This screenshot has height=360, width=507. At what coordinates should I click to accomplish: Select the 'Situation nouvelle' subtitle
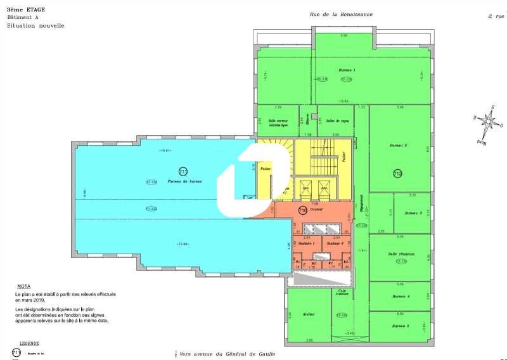35,26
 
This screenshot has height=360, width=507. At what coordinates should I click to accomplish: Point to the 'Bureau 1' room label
347,70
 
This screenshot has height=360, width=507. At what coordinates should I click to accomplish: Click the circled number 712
397,173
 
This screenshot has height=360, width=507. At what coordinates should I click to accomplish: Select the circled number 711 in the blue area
183,171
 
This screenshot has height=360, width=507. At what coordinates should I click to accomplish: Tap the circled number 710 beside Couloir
302,210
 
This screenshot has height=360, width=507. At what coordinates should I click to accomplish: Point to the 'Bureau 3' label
413,213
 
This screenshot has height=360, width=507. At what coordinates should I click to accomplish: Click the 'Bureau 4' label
400,296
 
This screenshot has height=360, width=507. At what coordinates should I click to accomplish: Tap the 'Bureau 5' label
400,326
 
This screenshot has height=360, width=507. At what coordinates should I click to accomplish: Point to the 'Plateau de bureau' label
184,182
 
